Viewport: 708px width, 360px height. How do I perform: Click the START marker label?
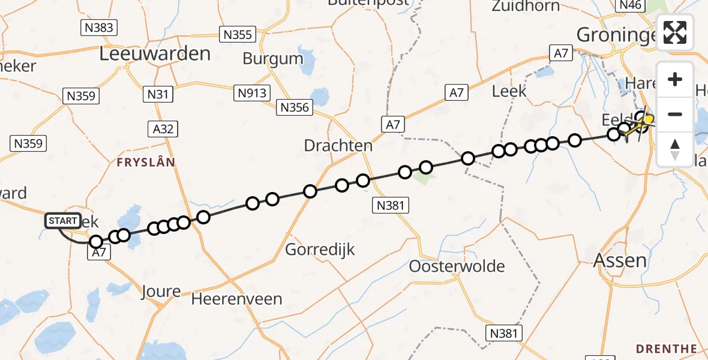pyautogui.click(x=62, y=221)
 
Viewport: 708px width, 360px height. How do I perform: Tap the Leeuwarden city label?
pyautogui.click(x=155, y=54)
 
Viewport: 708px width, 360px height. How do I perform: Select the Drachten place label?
pyautogui.click(x=338, y=145)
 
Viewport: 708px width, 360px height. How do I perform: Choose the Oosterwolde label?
pyautogui.click(x=457, y=266)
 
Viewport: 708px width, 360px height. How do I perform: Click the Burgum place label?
pyautogui.click(x=273, y=59)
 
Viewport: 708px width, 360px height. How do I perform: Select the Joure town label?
pyautogui.click(x=161, y=292)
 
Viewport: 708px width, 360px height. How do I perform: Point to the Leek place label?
pyautogui.click(x=509, y=91)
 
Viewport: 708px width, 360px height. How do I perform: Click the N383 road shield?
pyautogui.click(x=98, y=27)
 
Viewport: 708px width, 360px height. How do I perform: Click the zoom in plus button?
pyautogui.click(x=675, y=79)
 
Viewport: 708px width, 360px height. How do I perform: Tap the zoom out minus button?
pyautogui.click(x=675, y=114)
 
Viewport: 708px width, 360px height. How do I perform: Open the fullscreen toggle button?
pyautogui.click(x=675, y=32)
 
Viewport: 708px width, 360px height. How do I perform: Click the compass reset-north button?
pyautogui.click(x=675, y=149)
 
